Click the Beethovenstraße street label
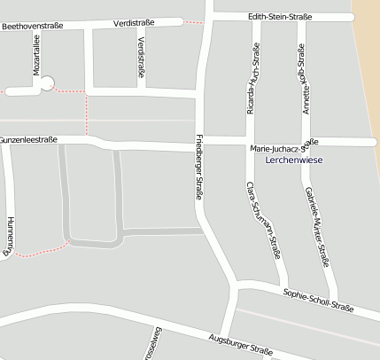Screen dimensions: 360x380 click(x=33, y=26)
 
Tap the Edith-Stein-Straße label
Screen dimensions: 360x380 click(x=280, y=17)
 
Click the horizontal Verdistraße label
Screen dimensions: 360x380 click(x=135, y=23)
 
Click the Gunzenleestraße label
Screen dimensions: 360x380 click(x=28, y=140)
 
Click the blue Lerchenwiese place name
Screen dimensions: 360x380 click(x=293, y=160)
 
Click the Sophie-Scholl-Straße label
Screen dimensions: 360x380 click(x=318, y=300)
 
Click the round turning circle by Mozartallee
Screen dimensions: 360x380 click(x=47, y=84)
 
